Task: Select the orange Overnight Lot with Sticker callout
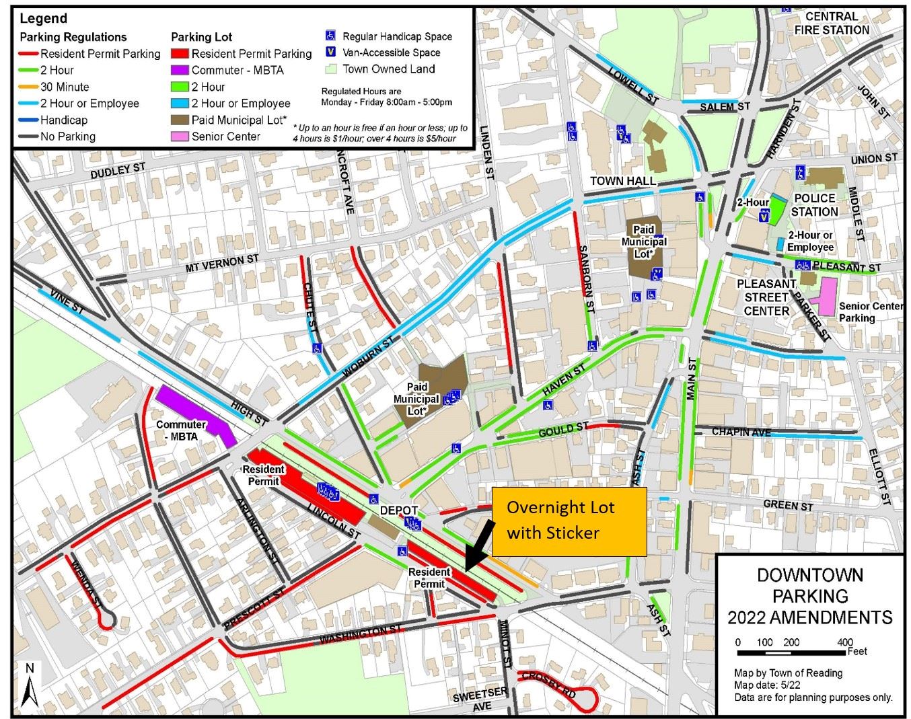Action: [x=569, y=521]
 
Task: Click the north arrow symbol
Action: [x=28, y=686]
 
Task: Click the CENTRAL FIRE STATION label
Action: [x=832, y=24]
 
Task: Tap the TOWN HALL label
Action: [x=622, y=181]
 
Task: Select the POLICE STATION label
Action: [x=814, y=205]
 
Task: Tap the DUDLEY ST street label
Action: [x=118, y=172]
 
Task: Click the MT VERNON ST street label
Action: [x=222, y=263]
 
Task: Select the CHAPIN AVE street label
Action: [x=741, y=432]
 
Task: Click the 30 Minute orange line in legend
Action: [x=28, y=87]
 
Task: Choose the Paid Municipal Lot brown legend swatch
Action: [x=180, y=120]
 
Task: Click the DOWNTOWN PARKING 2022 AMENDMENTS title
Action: [x=810, y=596]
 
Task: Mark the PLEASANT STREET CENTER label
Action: [x=766, y=297]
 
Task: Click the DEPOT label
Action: [x=399, y=510]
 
